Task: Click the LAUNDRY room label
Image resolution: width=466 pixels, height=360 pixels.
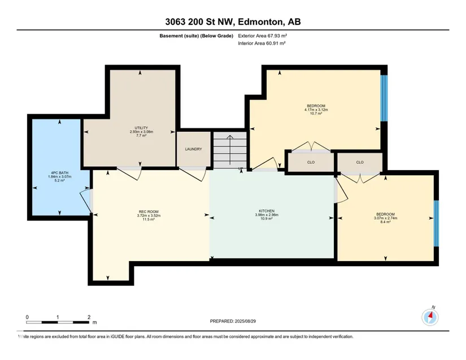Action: [194, 149]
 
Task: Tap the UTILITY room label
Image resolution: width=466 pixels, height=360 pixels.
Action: [141, 128]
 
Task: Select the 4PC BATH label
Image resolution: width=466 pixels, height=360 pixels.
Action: [59, 173]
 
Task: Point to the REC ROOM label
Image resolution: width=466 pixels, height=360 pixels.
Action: [149, 212]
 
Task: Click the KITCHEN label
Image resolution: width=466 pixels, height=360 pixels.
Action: [267, 211]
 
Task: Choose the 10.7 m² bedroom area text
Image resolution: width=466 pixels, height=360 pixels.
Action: [316, 114]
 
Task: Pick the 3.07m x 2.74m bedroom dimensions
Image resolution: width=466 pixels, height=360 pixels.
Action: [385, 218]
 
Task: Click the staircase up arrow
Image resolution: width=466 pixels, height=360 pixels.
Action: [230, 150]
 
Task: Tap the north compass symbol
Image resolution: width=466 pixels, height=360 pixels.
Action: [430, 317]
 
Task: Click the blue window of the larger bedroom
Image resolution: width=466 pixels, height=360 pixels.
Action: [384, 98]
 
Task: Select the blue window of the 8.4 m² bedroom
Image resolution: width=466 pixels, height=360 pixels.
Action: [436, 224]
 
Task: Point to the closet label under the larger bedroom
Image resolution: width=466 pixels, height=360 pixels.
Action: [311, 162]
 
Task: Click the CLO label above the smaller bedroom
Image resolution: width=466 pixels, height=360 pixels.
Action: [360, 162]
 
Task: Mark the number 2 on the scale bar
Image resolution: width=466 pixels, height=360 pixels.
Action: [89, 317]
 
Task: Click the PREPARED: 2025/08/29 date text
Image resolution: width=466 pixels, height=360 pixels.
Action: [233, 321]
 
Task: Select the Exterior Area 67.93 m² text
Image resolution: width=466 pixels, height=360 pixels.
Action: [263, 36]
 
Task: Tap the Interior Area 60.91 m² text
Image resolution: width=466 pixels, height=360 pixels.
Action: [262, 43]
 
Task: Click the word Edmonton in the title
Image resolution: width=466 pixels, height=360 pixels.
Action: [260, 21]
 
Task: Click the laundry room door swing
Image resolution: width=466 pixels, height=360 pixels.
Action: [192, 175]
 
